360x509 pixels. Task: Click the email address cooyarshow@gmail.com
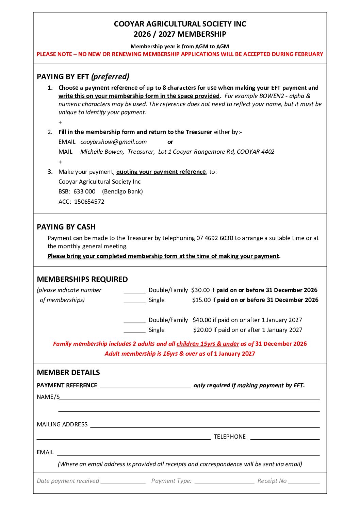(x=113, y=142)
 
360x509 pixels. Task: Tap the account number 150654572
(x=89, y=202)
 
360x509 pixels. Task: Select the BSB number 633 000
(x=84, y=191)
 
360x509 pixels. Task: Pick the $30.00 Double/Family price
(x=200, y=290)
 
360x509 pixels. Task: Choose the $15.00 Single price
(x=201, y=300)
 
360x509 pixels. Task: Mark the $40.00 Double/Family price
(x=202, y=320)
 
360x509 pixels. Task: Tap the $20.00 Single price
(x=202, y=330)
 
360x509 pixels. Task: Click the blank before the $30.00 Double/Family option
(x=134, y=291)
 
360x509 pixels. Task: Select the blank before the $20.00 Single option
(x=134, y=331)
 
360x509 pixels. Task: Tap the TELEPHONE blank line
(x=285, y=438)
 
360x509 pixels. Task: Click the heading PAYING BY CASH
(x=66, y=227)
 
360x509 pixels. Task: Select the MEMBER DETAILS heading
(x=68, y=372)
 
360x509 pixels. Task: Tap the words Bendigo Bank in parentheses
(x=122, y=191)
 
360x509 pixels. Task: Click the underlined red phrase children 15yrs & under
(x=208, y=344)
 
